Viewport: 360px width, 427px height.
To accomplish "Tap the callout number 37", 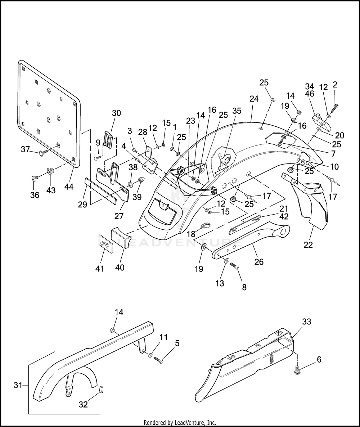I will pos(25,149).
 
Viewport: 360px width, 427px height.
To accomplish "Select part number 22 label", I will pos(308,245).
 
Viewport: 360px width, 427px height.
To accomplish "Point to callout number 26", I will pos(258,262).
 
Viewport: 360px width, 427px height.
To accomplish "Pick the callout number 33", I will pos(307,322).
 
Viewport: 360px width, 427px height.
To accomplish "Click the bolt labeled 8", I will pos(234,266).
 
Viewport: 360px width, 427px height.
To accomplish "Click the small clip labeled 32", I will pos(101,388).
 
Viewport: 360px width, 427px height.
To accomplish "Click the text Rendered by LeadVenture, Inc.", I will pos(180,423).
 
